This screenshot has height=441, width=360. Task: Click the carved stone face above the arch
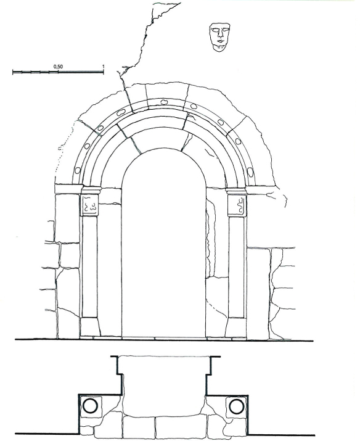tap(220, 37)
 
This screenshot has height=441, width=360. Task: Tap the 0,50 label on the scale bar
tap(58, 67)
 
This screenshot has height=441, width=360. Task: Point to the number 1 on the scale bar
tap(103, 67)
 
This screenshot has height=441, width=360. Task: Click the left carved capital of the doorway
tap(89, 205)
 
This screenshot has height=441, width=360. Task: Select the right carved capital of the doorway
tap(237, 205)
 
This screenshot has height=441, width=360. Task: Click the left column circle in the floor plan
tap(90, 406)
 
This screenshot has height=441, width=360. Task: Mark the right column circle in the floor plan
tap(237, 406)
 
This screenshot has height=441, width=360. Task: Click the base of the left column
tap(90, 327)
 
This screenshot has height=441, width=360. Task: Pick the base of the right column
tap(235, 328)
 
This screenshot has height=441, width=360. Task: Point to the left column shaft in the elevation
tap(89, 266)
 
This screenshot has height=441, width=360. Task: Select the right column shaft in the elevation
tap(237, 267)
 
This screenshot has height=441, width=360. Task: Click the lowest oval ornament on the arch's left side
tap(78, 170)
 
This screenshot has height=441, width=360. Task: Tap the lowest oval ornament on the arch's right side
tap(250, 171)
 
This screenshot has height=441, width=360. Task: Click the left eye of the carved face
tap(216, 30)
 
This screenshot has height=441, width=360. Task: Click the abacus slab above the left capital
tap(91, 191)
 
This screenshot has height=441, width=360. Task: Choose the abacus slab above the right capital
tap(236, 191)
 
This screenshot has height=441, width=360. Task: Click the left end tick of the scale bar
tap(13, 72)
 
